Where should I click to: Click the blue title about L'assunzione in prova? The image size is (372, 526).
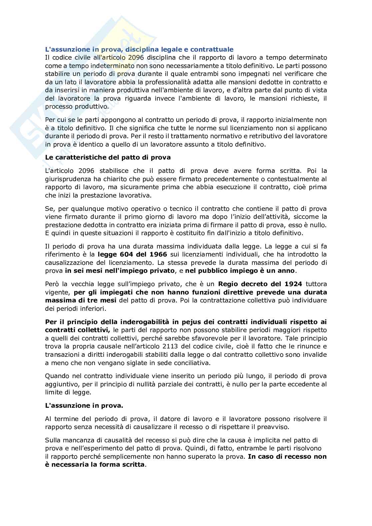[x=139, y=50]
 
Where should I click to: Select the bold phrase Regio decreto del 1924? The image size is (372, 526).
[x=260, y=284]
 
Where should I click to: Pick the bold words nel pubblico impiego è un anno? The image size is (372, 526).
[x=240, y=270]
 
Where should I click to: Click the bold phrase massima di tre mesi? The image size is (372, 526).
[x=81, y=300]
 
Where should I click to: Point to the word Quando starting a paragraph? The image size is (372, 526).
[x=56, y=376]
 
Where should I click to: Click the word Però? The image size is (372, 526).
[x=51, y=284]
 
